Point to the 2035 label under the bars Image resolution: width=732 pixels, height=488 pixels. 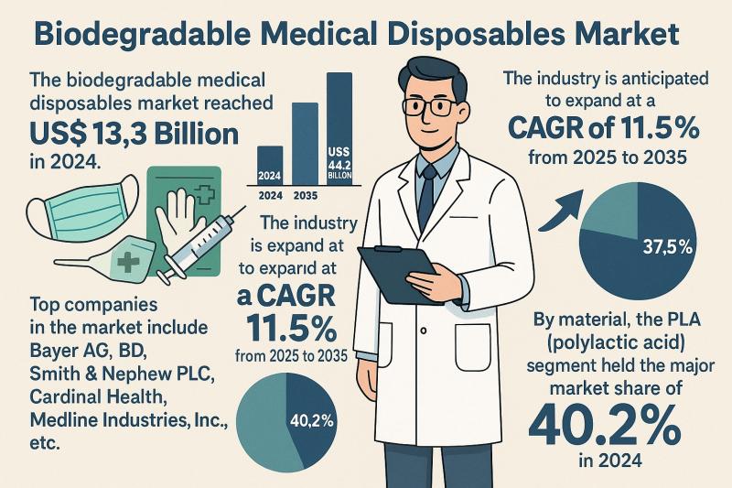click(x=305, y=195)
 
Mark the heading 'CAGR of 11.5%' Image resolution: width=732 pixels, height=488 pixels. click(x=604, y=127)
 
